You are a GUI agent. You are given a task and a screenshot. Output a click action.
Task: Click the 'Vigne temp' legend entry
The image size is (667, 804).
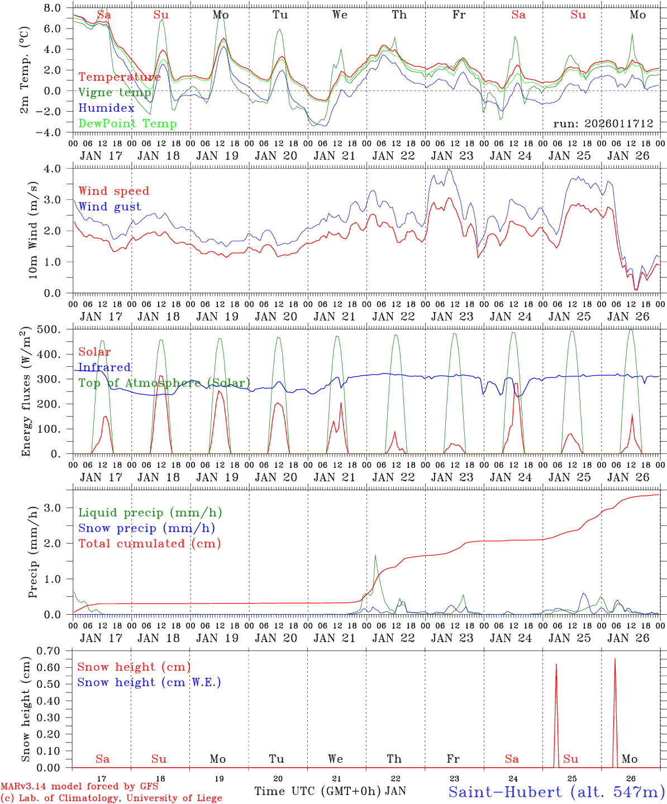coord(115,93)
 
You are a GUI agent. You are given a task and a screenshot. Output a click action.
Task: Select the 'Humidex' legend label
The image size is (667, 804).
coord(106,108)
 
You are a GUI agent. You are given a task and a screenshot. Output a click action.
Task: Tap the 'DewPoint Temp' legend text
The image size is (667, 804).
coord(127,124)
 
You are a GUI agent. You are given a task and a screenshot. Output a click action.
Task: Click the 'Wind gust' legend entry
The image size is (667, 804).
coord(109,207)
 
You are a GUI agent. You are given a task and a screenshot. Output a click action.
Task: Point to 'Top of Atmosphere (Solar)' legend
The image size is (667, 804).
coord(164,383)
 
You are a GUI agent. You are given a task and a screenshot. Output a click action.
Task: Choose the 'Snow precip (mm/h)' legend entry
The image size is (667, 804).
coord(146,528)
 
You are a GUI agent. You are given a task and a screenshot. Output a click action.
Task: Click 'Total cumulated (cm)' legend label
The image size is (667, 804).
coord(150,544)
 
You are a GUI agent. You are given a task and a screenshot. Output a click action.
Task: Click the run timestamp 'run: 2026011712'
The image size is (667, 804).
coord(603,123)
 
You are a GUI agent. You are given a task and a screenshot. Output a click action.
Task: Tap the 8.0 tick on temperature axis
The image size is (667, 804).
coord(56,8)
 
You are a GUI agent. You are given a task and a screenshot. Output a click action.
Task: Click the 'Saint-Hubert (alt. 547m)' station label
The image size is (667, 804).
coord(556,792)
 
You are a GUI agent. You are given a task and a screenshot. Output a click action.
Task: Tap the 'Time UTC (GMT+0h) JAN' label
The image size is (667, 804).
coord(330,791)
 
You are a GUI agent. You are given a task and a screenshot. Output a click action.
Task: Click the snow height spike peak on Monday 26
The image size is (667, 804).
coord(615,659)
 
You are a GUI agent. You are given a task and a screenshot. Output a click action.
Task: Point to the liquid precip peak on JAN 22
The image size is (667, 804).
coord(375,554)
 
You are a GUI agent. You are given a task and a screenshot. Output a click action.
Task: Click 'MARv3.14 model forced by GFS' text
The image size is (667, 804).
coord(79,787)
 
